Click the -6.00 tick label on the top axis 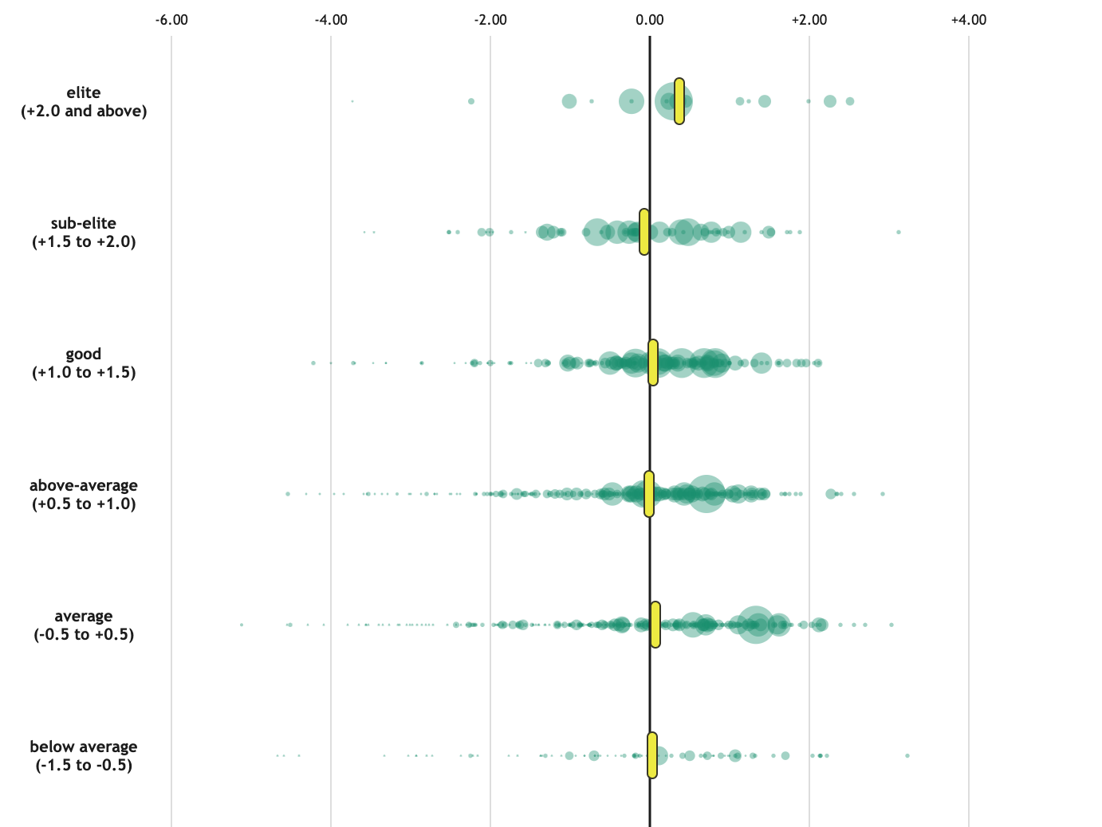click(171, 20)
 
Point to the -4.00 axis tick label click(331, 20)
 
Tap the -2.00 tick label click(490, 20)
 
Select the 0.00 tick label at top click(650, 20)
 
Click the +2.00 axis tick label click(809, 20)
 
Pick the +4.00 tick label click(969, 20)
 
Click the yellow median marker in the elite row click(679, 101)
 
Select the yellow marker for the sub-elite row click(644, 232)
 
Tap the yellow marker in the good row click(653, 363)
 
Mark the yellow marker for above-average click(649, 494)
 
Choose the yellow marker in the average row click(655, 625)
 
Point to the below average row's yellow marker click(652, 755)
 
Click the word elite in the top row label click(84, 93)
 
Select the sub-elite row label click(84, 224)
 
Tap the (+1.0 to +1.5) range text click(84, 373)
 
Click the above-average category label click(84, 486)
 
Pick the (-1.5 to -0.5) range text click(84, 766)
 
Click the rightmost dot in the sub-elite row click(899, 232)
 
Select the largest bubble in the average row click(755, 625)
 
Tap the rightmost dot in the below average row click(907, 755)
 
